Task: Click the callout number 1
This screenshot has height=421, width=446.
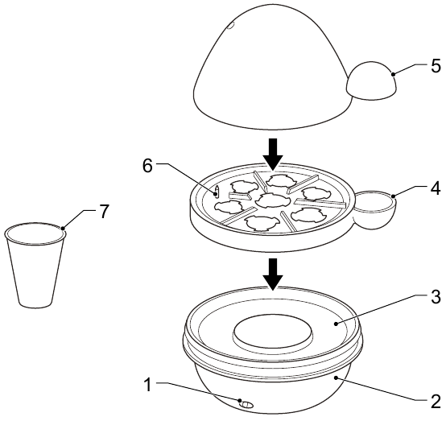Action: [147, 385]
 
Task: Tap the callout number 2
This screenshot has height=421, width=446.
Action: [436, 402]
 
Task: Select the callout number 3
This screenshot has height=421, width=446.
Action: [436, 297]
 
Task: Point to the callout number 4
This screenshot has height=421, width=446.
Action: [436, 188]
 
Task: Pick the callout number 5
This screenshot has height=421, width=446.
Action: [436, 66]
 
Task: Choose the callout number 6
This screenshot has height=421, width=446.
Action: [147, 166]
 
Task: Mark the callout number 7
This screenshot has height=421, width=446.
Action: [104, 212]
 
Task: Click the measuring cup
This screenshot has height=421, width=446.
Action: [35, 265]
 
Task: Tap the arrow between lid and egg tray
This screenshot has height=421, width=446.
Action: [273, 155]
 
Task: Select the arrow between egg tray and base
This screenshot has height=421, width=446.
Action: [273, 274]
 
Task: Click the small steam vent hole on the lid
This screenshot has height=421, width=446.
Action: [231, 26]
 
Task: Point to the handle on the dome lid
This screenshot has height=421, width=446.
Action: [371, 80]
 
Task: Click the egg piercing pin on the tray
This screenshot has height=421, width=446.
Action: [217, 192]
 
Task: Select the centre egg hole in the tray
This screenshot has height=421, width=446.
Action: [272, 200]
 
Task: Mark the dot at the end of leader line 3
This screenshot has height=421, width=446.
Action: [337, 324]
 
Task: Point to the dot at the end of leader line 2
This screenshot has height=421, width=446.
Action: [337, 378]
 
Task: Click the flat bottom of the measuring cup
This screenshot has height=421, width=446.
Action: [35, 303]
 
